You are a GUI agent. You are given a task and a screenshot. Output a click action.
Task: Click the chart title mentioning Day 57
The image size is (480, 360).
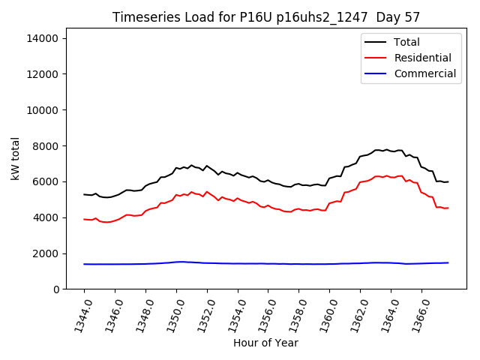point(266,16)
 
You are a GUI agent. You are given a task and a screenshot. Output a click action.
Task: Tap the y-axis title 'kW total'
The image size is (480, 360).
point(16,159)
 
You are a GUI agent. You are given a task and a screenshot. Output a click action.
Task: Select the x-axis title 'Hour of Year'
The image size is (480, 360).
point(266,343)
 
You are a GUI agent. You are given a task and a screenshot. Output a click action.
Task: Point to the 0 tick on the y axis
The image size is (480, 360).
point(55,289)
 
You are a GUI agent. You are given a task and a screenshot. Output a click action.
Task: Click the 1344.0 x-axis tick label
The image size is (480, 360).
point(78,314)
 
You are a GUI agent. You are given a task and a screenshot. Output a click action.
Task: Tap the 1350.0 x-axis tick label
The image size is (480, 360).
point(170,314)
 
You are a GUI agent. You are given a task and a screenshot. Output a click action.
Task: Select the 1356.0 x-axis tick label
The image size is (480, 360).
point(262,314)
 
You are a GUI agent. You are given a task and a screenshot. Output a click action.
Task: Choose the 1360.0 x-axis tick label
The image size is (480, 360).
point(323,314)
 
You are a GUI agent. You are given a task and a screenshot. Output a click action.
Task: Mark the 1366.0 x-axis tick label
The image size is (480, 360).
point(415,314)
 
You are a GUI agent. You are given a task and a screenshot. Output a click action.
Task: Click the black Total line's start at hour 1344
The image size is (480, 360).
point(84,194)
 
